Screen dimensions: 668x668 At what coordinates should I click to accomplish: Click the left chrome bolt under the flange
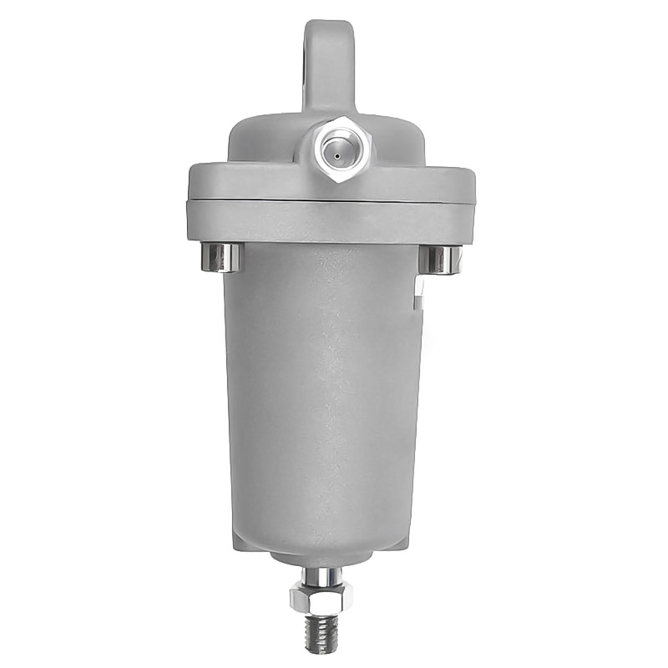click(221, 257)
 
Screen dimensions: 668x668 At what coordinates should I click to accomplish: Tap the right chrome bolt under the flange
click(440, 259)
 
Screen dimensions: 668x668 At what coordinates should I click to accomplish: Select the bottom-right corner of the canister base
click(411, 543)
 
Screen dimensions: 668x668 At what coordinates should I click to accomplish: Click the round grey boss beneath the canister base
click(322, 560)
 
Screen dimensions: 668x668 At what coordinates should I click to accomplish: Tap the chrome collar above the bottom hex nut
click(321, 576)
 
